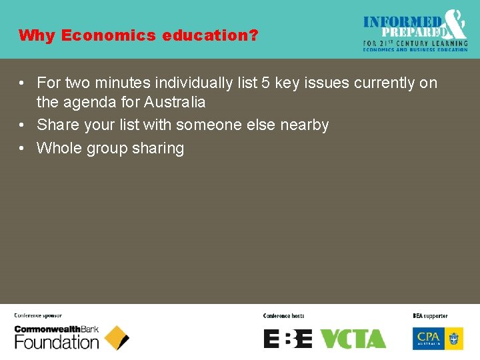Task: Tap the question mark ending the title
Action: pos(253,35)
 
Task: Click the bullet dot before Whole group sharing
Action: pos(22,148)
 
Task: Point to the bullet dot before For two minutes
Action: pos(22,83)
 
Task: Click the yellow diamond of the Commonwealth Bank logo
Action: pos(117,338)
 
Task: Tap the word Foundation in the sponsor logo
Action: pos(57,343)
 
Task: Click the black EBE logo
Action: pos(288,339)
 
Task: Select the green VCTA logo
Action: pos(353,339)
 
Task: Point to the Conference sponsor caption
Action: pos(38,315)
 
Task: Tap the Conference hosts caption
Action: pos(283,315)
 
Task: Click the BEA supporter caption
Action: pos(430,315)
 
